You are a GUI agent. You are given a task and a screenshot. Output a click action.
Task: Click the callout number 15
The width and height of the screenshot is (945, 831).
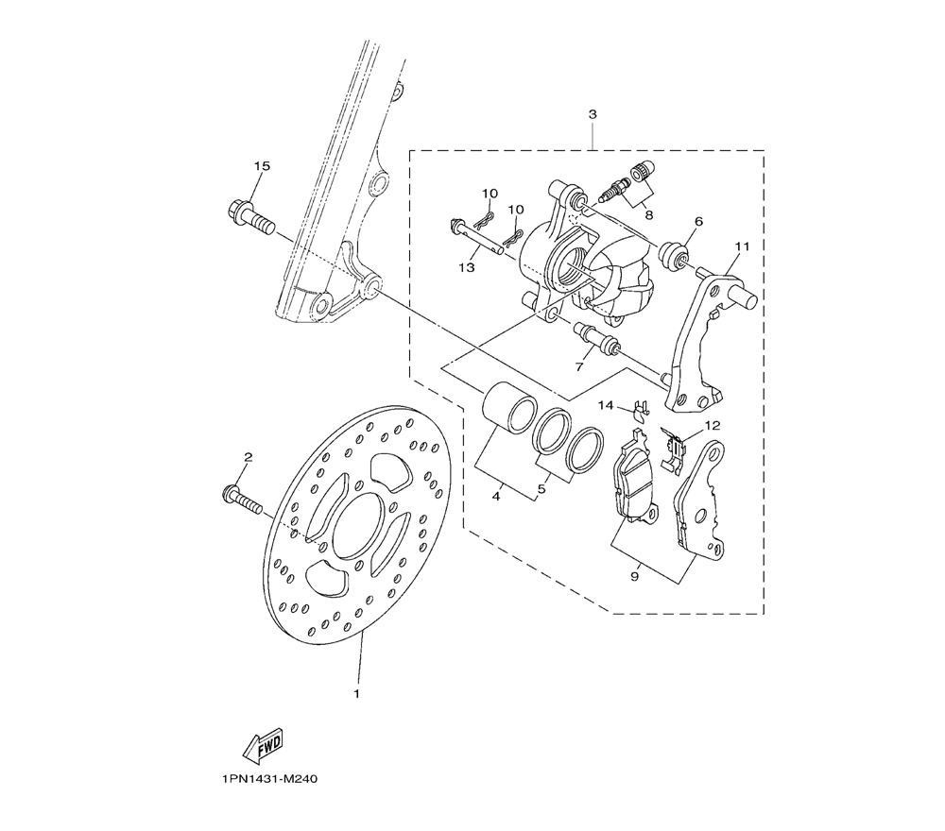click(262, 165)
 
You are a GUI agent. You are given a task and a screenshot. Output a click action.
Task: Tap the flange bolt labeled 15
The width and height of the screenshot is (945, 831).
click(251, 218)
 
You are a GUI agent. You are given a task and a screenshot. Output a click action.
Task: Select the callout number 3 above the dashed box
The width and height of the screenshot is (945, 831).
click(593, 114)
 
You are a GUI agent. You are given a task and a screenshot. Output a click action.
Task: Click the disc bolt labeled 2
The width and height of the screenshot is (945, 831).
click(242, 499)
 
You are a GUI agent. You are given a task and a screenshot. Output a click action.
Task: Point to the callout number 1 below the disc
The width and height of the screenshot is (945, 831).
click(357, 694)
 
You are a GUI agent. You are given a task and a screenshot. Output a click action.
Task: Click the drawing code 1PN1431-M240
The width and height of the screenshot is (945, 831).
click(269, 779)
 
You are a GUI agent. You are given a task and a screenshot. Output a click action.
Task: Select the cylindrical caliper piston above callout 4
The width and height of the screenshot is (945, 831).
click(509, 406)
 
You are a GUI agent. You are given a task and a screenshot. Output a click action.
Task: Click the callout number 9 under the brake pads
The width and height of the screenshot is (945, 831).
click(635, 577)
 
